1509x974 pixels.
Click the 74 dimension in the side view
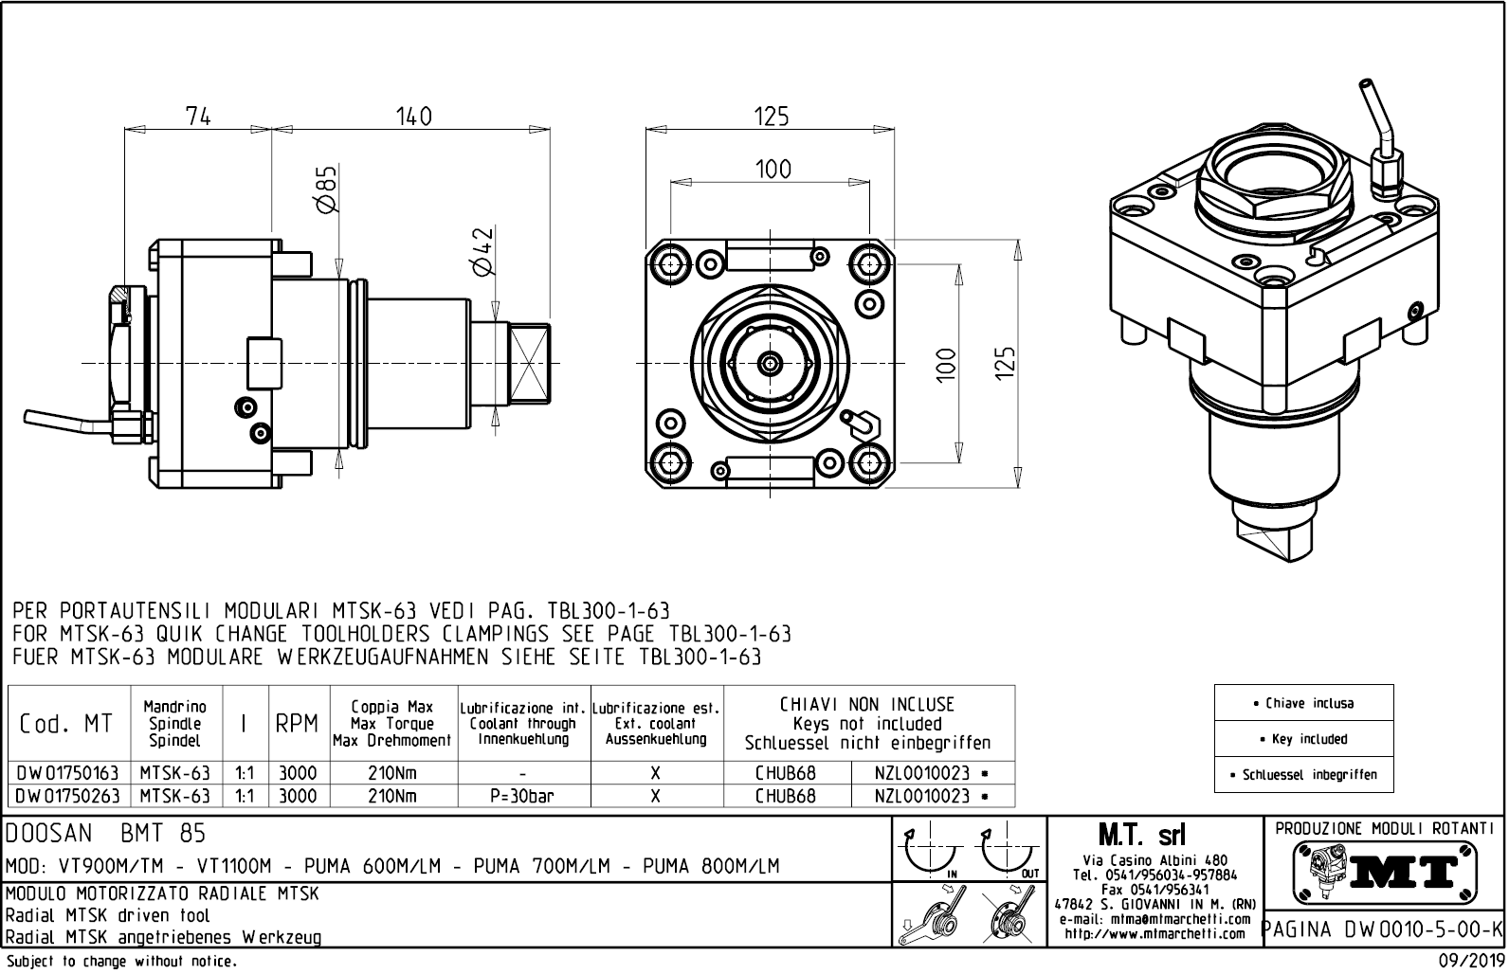[x=198, y=116]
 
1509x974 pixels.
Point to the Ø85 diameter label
[x=326, y=190]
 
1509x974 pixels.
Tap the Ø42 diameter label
[x=483, y=251]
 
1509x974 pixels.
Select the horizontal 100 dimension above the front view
[x=773, y=169]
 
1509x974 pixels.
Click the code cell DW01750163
[x=67, y=773]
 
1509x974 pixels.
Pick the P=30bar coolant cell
[x=523, y=797]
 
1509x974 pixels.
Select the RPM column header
[x=296, y=725]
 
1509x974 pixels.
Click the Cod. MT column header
[x=66, y=725]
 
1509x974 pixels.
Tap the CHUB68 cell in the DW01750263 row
[x=785, y=797]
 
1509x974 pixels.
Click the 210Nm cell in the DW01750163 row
[x=391, y=773]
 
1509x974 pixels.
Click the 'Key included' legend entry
[x=1303, y=739]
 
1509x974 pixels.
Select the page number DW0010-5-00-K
[x=1384, y=929]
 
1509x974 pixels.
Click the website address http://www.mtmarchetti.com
[x=1154, y=934]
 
